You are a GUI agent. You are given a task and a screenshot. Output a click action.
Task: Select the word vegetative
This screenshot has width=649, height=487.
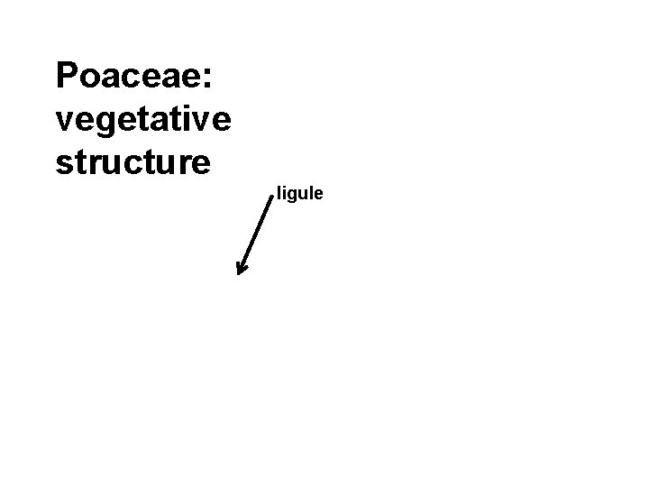point(143,119)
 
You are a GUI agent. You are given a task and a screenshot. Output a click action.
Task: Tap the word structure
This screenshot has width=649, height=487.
point(133,162)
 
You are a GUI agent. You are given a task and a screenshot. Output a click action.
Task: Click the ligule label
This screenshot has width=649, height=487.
point(300,194)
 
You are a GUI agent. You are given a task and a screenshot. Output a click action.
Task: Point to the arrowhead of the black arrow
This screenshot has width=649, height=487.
point(240,270)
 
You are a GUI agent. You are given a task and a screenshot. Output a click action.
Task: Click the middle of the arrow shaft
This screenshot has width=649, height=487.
point(256,234)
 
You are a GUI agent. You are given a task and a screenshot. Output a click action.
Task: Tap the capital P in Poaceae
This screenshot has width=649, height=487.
point(67,76)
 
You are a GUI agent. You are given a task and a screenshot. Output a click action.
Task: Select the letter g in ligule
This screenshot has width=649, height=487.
point(293,196)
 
